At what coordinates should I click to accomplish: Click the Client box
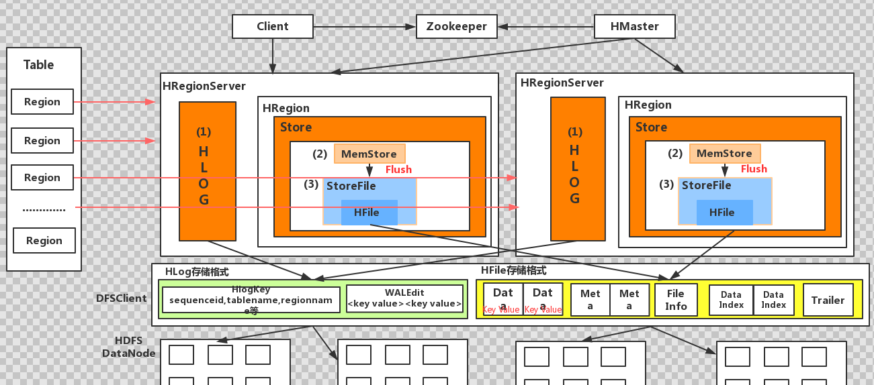coord(272,27)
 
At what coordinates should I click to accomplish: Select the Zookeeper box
coord(457,27)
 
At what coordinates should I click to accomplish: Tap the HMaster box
coord(634,27)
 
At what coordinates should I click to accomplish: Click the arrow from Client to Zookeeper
coord(364,27)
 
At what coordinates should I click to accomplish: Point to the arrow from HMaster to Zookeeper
coord(546,27)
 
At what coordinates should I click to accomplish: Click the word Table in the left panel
coord(38,64)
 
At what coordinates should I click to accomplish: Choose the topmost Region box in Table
coord(42,102)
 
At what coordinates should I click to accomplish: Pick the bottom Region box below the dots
coord(44,240)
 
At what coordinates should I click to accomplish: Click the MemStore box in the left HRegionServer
coord(369,154)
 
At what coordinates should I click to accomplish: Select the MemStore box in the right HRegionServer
coord(725,154)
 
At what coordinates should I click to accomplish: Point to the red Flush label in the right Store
coord(754,169)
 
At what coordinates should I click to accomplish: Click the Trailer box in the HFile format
coord(828,300)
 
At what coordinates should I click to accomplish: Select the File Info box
coord(676,300)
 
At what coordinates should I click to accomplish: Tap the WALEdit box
coord(404,298)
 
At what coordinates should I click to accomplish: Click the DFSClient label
coord(122,298)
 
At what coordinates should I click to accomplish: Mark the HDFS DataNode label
coord(129,347)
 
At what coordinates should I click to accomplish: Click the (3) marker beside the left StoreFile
coord(311,184)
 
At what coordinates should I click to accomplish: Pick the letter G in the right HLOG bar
coord(574,199)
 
